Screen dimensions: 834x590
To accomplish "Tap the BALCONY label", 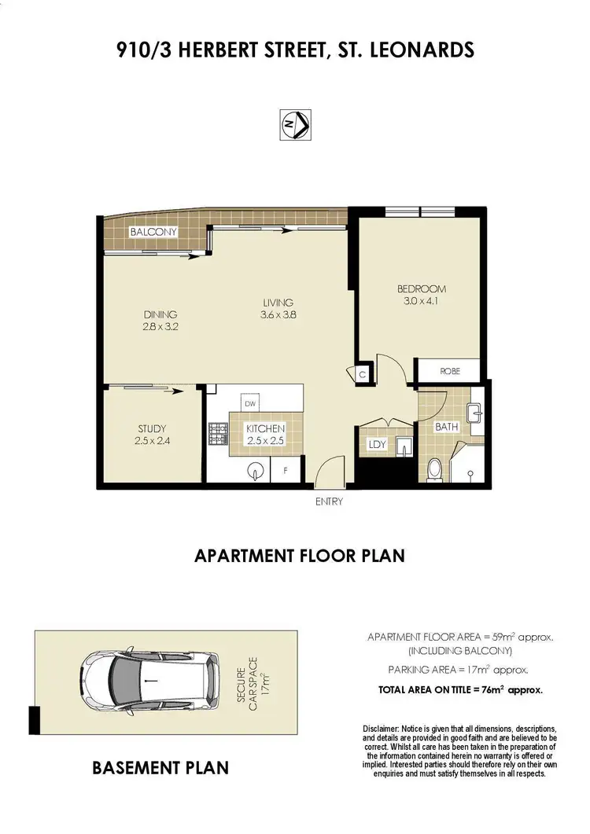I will (153, 232).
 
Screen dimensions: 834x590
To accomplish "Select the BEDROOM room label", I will (421, 289).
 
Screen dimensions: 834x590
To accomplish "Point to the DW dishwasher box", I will (250, 403).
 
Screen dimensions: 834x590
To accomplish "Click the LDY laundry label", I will (377, 445).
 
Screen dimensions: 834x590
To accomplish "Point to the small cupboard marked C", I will (363, 375).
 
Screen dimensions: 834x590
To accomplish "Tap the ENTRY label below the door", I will (329, 502).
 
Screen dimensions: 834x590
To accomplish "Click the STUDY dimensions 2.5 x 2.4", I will (153, 441).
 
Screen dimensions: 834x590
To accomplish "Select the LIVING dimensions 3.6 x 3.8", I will (278, 315).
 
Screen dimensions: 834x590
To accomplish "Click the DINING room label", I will (160, 314).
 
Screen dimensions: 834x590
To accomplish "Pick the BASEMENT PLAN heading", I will (160, 767).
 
